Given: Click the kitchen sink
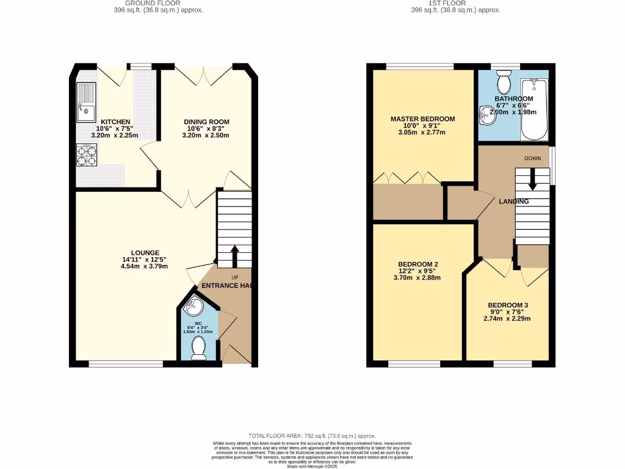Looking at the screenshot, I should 86,101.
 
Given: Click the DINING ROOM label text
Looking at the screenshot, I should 206,122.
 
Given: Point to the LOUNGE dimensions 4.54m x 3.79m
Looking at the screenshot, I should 145,266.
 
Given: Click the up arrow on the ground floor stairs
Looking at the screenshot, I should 234,255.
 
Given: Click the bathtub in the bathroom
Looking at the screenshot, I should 535,109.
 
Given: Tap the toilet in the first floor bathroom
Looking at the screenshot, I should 504,81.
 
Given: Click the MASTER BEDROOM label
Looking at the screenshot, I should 423,118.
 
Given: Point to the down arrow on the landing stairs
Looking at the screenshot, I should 533,178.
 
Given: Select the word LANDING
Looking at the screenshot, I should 513,202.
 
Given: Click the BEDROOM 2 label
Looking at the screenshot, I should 418,264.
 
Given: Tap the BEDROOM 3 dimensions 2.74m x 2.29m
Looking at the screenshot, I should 507,319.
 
